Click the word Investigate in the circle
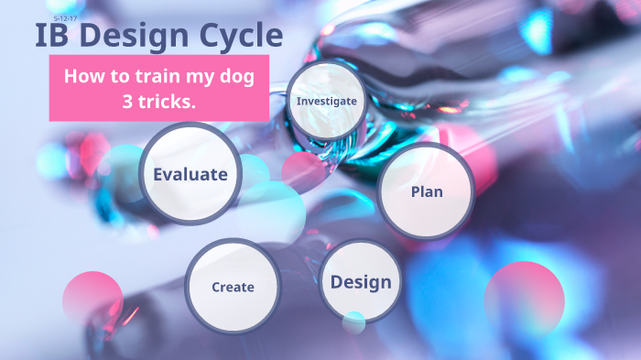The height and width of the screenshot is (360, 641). (x=327, y=101)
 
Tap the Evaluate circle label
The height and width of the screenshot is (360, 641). (x=190, y=174)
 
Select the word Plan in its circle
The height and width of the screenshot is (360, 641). (x=425, y=191)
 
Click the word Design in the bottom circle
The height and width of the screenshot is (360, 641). (x=361, y=282)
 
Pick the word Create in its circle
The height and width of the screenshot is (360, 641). (x=233, y=287)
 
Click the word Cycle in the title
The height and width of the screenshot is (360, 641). (x=240, y=37)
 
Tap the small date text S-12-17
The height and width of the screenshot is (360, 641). (x=65, y=17)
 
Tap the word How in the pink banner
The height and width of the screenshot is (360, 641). (x=81, y=77)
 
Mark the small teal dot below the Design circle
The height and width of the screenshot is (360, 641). (x=353, y=322)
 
